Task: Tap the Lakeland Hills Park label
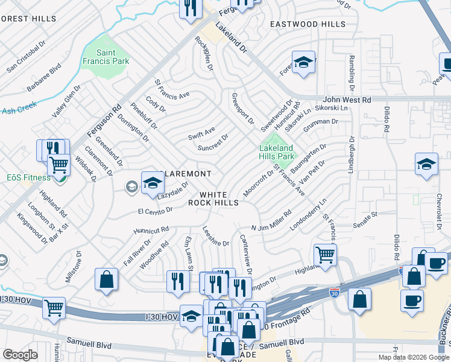click(x=276, y=152)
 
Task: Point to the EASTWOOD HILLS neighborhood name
click(x=307, y=24)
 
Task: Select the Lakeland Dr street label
click(x=231, y=37)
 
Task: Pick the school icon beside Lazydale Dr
click(x=153, y=183)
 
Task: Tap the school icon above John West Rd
click(x=304, y=63)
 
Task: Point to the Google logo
click(x=20, y=354)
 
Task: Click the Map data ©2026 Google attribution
click(x=412, y=357)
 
